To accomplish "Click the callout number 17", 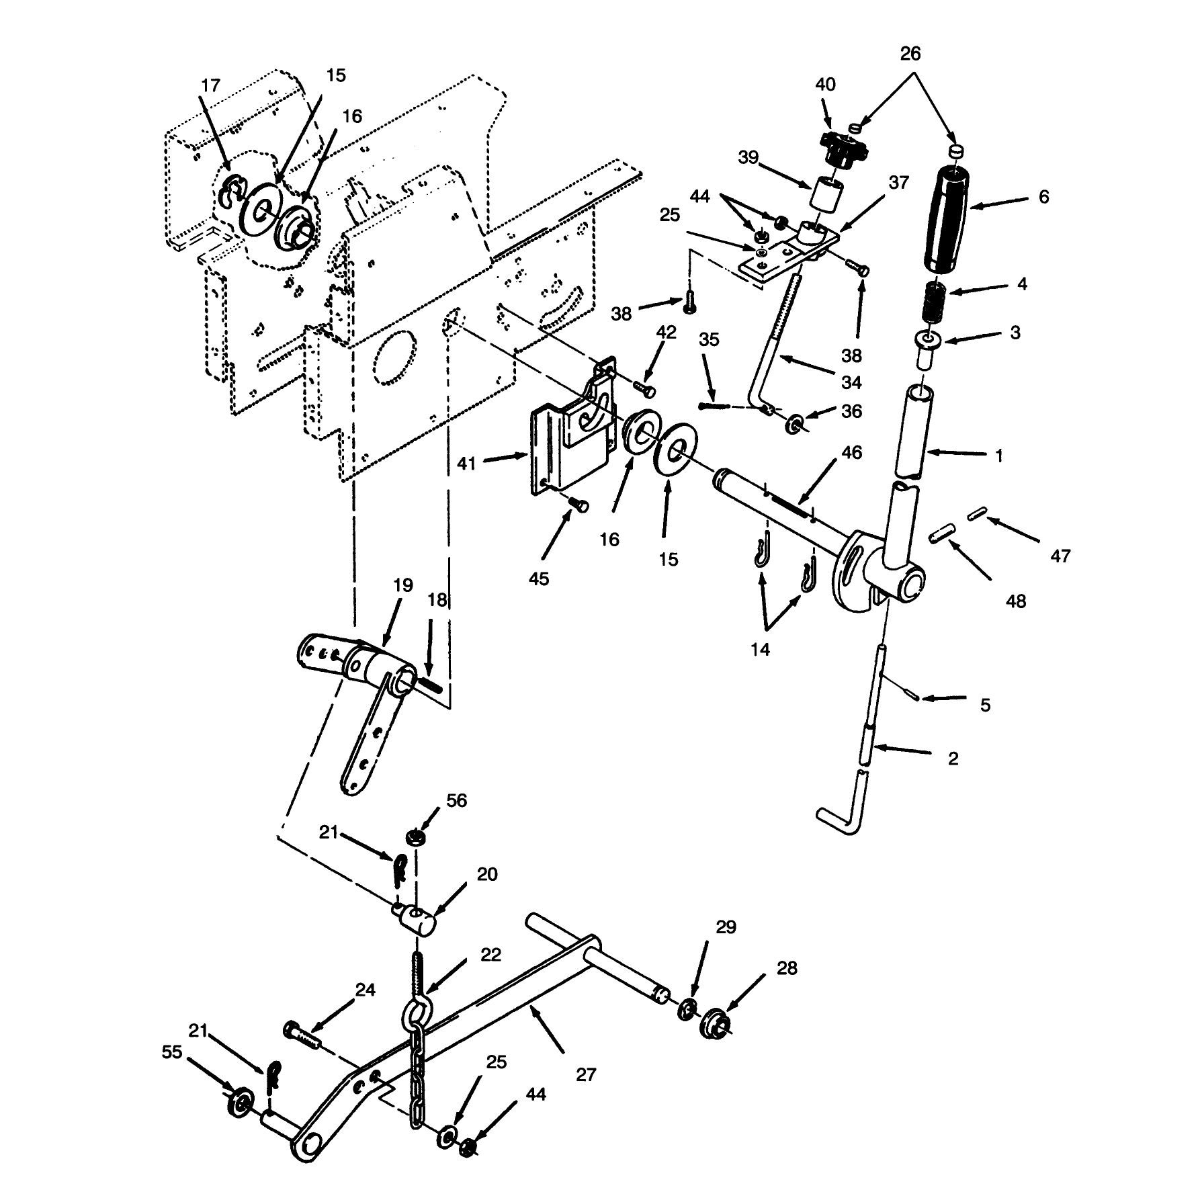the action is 210,86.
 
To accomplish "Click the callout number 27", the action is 587,1093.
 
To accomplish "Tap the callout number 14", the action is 761,650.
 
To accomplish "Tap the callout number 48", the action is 1016,601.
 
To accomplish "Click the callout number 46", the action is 851,453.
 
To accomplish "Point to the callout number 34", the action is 851,382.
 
